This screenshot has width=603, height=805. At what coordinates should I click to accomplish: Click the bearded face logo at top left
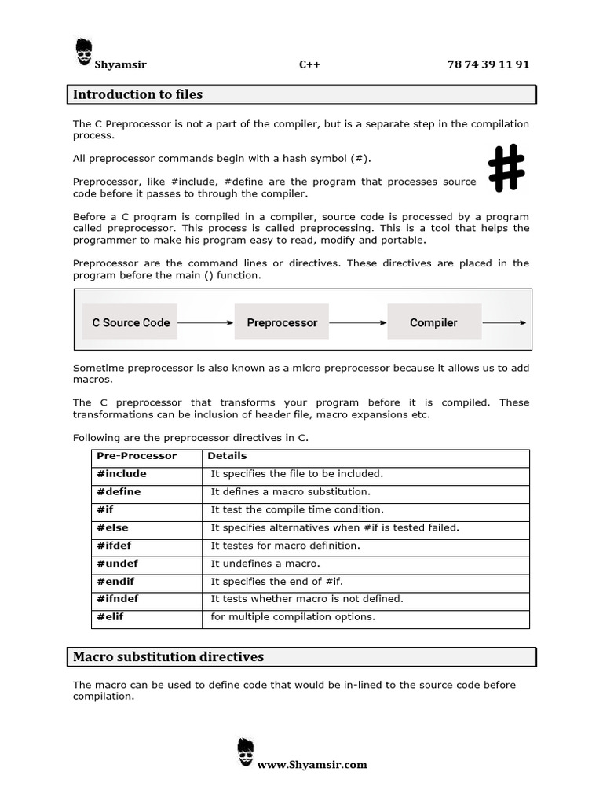pyautogui.click(x=84, y=49)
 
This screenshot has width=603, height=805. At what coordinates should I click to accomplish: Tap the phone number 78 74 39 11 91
pyautogui.click(x=488, y=64)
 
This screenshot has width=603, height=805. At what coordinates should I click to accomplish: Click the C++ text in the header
pyautogui.click(x=309, y=64)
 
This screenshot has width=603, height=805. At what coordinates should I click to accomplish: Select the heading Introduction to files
pyautogui.click(x=137, y=94)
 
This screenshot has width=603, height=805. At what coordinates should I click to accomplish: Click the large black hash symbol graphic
pyautogui.click(x=506, y=168)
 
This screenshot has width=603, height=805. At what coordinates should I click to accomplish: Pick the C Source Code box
pyautogui.click(x=131, y=322)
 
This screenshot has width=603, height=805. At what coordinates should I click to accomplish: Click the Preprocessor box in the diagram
pyautogui.click(x=282, y=322)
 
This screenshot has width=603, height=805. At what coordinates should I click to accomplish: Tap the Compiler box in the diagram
pyautogui.click(x=433, y=322)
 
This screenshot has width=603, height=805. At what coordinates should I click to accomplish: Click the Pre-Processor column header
pyautogui.click(x=137, y=456)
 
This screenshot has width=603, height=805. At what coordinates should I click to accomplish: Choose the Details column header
pyautogui.click(x=227, y=456)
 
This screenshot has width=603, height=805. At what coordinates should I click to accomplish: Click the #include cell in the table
pyautogui.click(x=122, y=474)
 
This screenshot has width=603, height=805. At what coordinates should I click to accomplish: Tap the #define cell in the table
pyautogui.click(x=119, y=492)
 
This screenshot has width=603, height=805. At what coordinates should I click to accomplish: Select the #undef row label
pyautogui.click(x=118, y=564)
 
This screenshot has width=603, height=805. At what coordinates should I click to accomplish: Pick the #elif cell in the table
pyautogui.click(x=111, y=617)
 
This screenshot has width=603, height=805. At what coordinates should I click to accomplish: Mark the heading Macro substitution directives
pyautogui.click(x=168, y=656)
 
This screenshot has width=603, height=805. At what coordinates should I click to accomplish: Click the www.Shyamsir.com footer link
pyautogui.click(x=312, y=764)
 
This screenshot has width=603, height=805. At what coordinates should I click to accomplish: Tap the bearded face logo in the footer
pyautogui.click(x=245, y=752)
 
